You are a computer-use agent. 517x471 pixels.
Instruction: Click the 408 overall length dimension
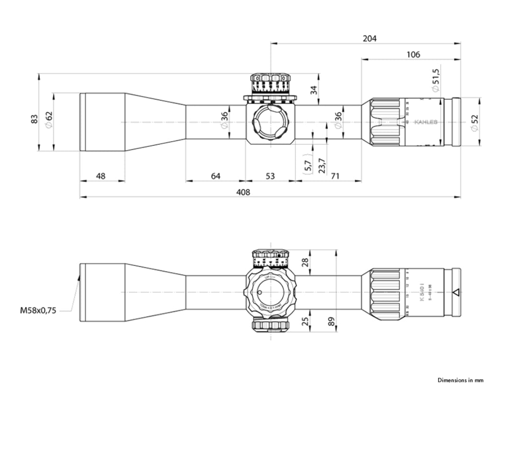[243, 192]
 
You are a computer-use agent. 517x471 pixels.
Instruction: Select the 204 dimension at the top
[369, 38]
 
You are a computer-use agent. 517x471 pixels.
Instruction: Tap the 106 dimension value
[413, 55]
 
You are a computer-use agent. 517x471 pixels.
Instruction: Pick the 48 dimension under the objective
[101, 176]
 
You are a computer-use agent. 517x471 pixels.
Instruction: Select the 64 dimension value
[216, 176]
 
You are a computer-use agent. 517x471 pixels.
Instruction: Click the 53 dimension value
[270, 176]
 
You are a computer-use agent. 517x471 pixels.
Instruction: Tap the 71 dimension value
[335, 176]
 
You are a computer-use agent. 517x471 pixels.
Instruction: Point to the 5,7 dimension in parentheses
[308, 163]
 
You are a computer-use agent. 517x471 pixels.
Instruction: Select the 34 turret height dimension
[314, 89]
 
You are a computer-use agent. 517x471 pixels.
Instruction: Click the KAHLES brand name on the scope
[425, 122]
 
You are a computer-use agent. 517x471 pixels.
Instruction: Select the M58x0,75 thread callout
[38, 310]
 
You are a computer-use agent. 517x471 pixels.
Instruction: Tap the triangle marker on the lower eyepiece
[456, 292]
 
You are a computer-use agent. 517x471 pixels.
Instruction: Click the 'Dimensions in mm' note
[460, 380]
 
